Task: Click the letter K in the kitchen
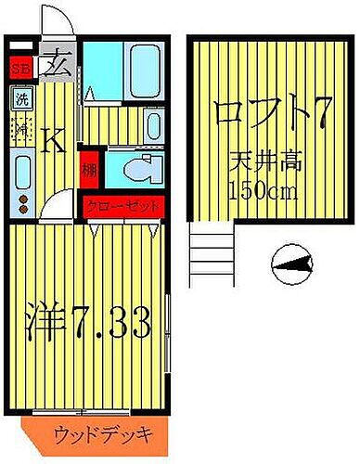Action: tap(55, 142)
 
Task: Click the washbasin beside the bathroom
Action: tap(154, 125)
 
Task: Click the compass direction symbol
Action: tap(292, 268)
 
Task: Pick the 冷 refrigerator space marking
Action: tap(20, 127)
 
